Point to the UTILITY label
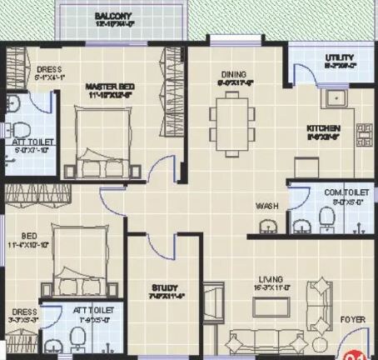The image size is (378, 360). tap(317, 57)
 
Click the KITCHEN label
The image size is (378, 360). tap(322, 128)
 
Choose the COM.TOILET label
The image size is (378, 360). tap(341, 192)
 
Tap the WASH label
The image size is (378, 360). tap(267, 205)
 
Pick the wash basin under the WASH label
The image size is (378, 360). tap(267, 226)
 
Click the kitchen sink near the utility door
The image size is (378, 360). tap(338, 99)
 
